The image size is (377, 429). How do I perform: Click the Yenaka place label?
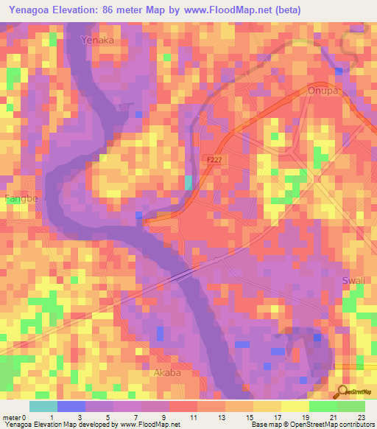98,41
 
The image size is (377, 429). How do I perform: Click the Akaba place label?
166,373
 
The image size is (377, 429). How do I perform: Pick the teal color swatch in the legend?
43,405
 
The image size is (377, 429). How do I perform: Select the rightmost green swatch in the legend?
351,405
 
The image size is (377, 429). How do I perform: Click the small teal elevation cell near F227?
188,183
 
